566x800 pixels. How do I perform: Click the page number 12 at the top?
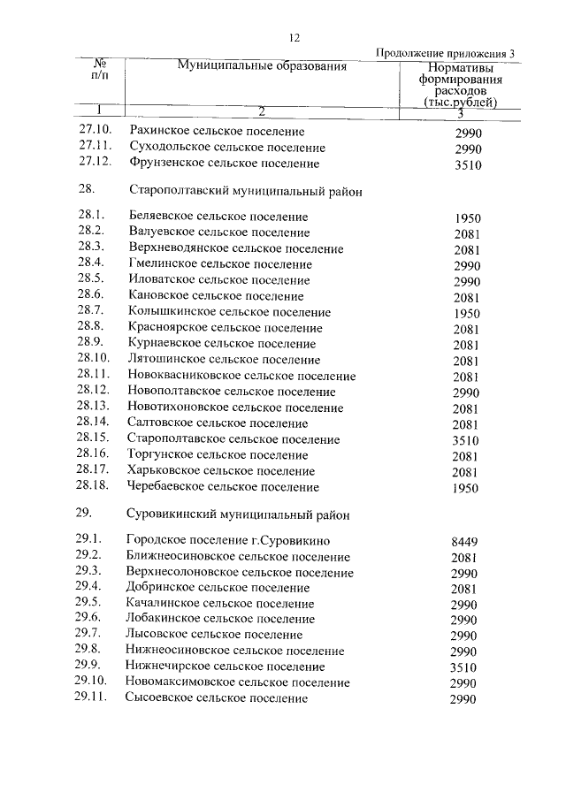(x=295, y=37)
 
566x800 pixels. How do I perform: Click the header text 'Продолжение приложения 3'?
(x=445, y=53)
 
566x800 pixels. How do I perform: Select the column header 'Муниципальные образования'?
(x=261, y=66)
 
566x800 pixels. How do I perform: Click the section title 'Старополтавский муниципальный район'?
(x=246, y=190)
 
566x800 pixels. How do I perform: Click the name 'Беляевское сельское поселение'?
(x=218, y=217)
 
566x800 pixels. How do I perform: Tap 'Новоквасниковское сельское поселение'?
(x=242, y=377)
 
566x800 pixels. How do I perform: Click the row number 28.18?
(x=94, y=487)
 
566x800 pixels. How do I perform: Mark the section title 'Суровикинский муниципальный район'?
(x=239, y=514)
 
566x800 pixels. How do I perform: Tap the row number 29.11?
(x=94, y=698)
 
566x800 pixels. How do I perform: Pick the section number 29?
(x=85, y=514)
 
